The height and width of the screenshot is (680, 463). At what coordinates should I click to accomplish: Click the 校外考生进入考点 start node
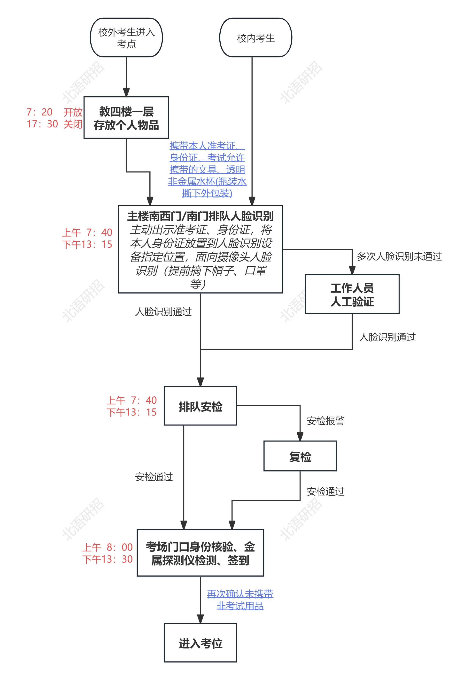pos(126,37)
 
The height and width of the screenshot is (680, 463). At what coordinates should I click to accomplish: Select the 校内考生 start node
pos(256,37)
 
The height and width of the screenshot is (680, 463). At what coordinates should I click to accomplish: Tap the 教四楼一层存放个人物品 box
pos(126,118)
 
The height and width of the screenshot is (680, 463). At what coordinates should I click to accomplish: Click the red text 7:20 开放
pos(54,112)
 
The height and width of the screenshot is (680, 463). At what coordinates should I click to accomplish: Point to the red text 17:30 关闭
pos(54,124)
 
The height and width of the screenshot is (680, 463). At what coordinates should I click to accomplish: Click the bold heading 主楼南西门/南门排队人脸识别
pos(201,216)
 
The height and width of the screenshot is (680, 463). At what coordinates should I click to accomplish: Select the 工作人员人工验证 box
pos(352,294)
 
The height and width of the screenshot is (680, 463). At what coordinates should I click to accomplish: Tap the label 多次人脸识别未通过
pos(399,256)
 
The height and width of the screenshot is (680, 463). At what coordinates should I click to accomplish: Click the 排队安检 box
pos(201,406)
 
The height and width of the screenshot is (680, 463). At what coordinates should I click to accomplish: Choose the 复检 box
pos(300,457)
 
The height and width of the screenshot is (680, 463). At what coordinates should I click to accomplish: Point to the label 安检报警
pos(325,421)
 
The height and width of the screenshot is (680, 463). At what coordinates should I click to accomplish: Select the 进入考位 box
pos(201,643)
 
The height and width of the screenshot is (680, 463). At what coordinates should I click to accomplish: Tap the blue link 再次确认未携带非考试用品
pos(240,600)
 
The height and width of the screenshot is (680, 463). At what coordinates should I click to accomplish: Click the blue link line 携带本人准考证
pos(207,146)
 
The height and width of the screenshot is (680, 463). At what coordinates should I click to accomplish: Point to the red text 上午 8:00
pos(108,547)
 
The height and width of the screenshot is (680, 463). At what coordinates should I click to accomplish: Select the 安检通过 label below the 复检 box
pos(325,491)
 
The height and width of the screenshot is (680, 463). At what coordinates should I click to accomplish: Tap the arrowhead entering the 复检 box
pos(300,437)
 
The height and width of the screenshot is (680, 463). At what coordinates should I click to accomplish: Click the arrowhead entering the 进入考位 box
pos(201,619)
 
